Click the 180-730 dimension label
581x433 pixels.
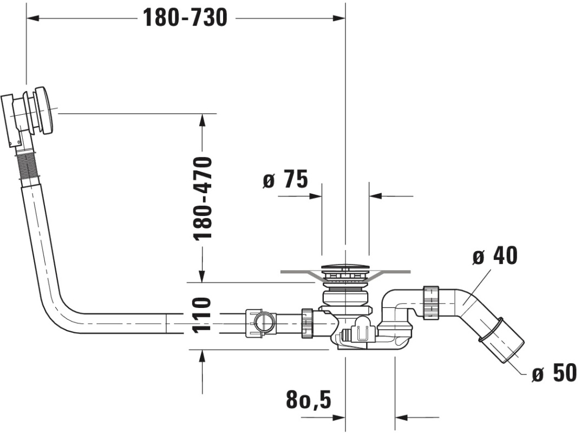(185, 17)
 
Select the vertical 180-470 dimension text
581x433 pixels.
(203, 198)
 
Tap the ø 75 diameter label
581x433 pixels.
(285, 179)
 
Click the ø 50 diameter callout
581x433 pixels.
(554, 372)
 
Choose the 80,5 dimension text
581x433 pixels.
(308, 399)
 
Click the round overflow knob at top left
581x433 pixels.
(44, 110)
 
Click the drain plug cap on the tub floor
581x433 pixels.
(345, 267)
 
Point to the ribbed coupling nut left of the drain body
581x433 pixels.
(308, 323)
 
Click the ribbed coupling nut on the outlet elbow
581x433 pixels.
(430, 303)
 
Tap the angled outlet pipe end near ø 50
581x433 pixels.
(504, 341)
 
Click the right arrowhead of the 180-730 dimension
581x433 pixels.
(339, 18)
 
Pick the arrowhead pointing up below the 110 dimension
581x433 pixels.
(203, 356)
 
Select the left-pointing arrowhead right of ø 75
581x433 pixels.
(375, 195)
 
